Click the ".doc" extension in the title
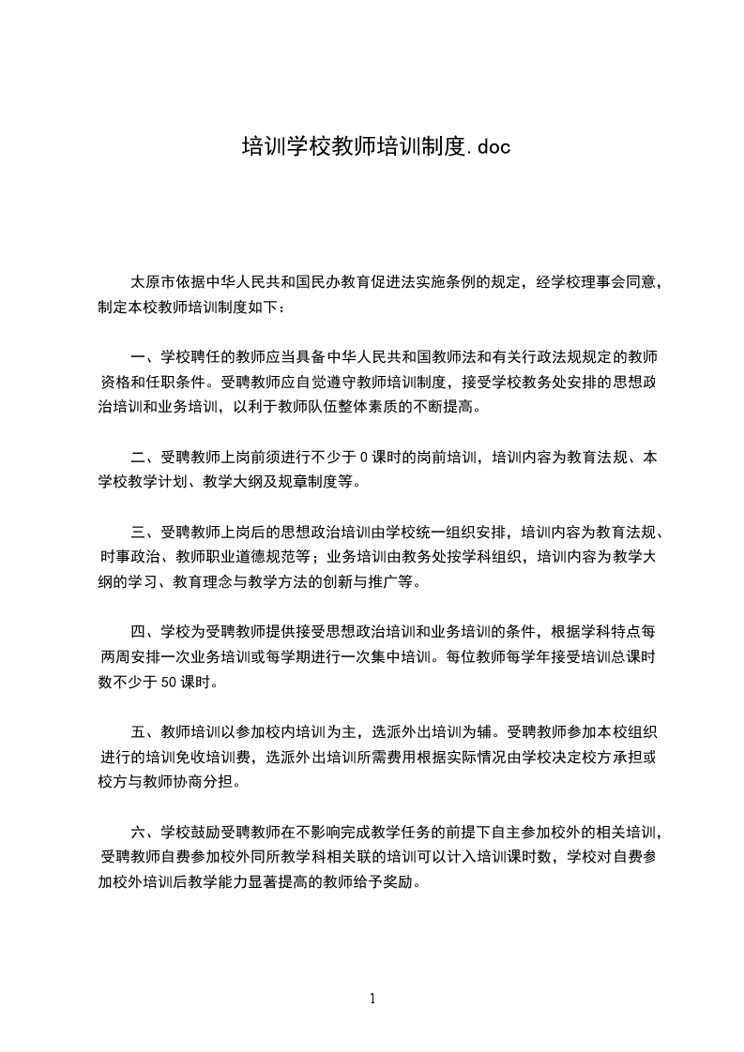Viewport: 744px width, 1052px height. tap(489, 146)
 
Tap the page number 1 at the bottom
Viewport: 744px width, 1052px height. tap(372, 999)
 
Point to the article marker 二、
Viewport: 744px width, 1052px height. tap(145, 458)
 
